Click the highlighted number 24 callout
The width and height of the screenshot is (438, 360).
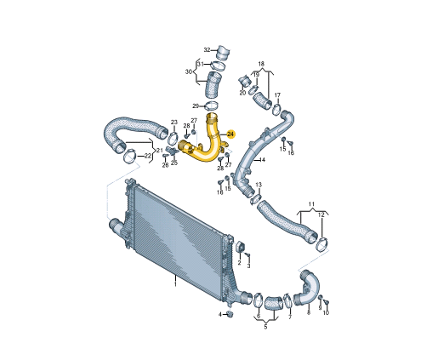(231, 134)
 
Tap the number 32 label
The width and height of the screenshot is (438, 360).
(207, 49)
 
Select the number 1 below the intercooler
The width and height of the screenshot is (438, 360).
(175, 286)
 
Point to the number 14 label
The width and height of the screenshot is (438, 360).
(262, 159)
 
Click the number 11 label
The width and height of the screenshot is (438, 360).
(311, 204)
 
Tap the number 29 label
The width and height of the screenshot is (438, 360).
(195, 106)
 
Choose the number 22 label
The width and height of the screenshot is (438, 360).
(148, 156)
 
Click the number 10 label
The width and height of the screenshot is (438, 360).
(326, 312)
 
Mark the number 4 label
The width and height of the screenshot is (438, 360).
(219, 314)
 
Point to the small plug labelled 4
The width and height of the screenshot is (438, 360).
(229, 314)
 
